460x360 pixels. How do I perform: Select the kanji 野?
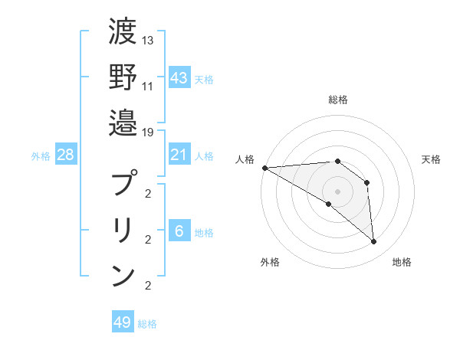click(x=123, y=77)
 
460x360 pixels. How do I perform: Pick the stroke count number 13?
click(x=149, y=40)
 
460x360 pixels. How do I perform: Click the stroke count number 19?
click(x=149, y=131)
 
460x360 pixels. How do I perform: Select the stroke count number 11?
click(x=149, y=86)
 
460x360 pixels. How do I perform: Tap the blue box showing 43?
click(x=179, y=78)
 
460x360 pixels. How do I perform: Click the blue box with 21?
click(x=179, y=155)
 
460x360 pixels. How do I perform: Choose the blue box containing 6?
click(x=179, y=232)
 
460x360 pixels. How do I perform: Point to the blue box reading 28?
click(x=65, y=155)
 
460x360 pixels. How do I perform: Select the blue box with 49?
click(x=123, y=322)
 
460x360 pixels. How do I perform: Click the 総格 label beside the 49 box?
click(x=147, y=324)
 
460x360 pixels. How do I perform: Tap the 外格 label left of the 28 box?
click(x=41, y=156)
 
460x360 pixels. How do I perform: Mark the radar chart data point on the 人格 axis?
click(x=264, y=167)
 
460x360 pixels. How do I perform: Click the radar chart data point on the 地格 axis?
click(x=373, y=242)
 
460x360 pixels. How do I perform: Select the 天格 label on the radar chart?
click(x=432, y=159)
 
